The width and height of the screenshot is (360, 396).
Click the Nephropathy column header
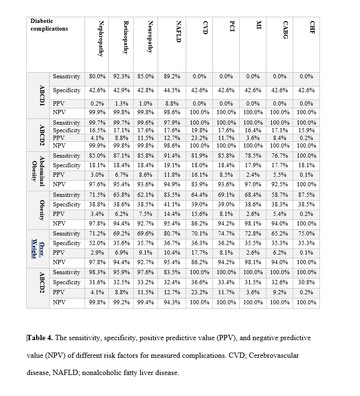[x=100, y=39]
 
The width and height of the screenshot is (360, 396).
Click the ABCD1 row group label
[x=42, y=95]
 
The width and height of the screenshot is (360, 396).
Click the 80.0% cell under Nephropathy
[x=98, y=76]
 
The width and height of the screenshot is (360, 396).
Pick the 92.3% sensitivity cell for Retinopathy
[x=122, y=76]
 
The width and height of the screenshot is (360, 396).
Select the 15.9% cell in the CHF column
[x=306, y=130]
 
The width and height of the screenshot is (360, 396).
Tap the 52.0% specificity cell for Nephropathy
[x=98, y=243]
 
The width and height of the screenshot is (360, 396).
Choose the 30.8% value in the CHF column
[x=306, y=282]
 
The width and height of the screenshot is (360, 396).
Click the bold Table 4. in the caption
[x=41, y=338]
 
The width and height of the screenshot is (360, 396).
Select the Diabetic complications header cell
[x=49, y=25]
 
